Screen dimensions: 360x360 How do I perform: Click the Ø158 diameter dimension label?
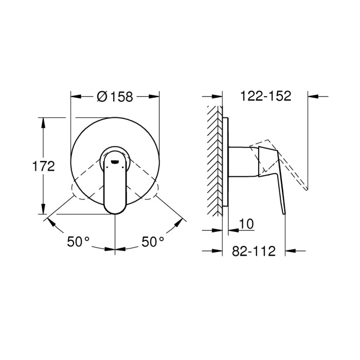click(115, 96)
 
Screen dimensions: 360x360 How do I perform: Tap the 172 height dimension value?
click(44, 166)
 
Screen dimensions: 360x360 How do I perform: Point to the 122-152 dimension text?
click(266, 96)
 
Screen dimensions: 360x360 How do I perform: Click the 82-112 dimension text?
click(254, 251)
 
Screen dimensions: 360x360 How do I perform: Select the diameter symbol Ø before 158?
click(101, 96)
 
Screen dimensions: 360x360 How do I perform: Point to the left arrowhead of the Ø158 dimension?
click(75, 96)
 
